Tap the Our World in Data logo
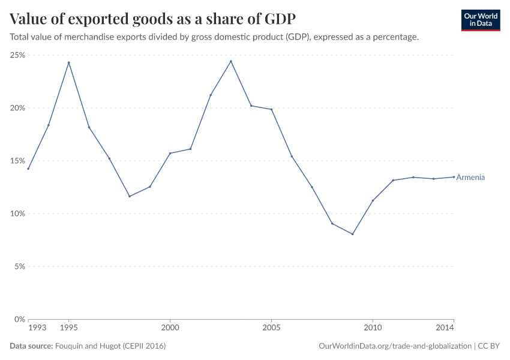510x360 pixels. click(480, 20)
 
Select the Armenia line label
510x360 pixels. click(470, 178)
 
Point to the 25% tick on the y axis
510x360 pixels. click(17, 55)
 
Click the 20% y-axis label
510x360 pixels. click(17, 108)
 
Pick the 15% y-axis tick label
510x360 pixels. click(17, 161)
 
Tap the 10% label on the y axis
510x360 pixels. click(17, 214)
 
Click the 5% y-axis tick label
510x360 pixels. click(19, 266)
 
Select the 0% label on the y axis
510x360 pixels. click(19, 319)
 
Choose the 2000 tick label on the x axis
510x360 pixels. click(170, 328)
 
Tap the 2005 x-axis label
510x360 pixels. click(271, 328)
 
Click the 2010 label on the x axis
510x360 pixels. click(373, 328)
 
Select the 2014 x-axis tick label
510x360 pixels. click(445, 328)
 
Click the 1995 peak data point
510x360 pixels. click(68, 62)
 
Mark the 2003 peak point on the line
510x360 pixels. click(231, 61)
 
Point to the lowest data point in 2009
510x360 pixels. click(352, 234)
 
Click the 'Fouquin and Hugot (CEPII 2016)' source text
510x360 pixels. click(110, 346)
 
